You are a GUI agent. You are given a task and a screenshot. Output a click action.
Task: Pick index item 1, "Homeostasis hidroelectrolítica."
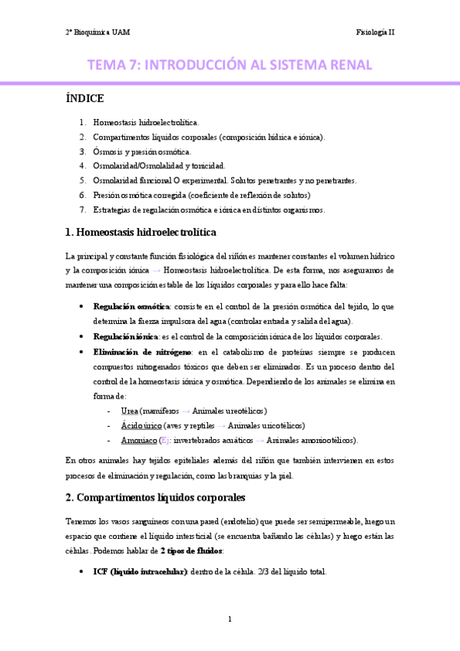point(146,122)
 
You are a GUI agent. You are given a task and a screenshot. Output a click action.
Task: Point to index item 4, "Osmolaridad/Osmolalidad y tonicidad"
point(159,166)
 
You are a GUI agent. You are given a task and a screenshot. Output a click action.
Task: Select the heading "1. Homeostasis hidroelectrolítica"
point(141,232)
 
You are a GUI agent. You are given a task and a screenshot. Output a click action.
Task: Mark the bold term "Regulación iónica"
point(125,337)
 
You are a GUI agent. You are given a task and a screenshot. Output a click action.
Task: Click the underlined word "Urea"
point(129,411)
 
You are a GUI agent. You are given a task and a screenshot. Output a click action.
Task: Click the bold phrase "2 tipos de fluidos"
point(192,550)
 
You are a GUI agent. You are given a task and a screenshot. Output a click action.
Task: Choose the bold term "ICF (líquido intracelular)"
point(140,572)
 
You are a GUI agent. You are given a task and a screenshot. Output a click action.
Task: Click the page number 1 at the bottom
point(230,619)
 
